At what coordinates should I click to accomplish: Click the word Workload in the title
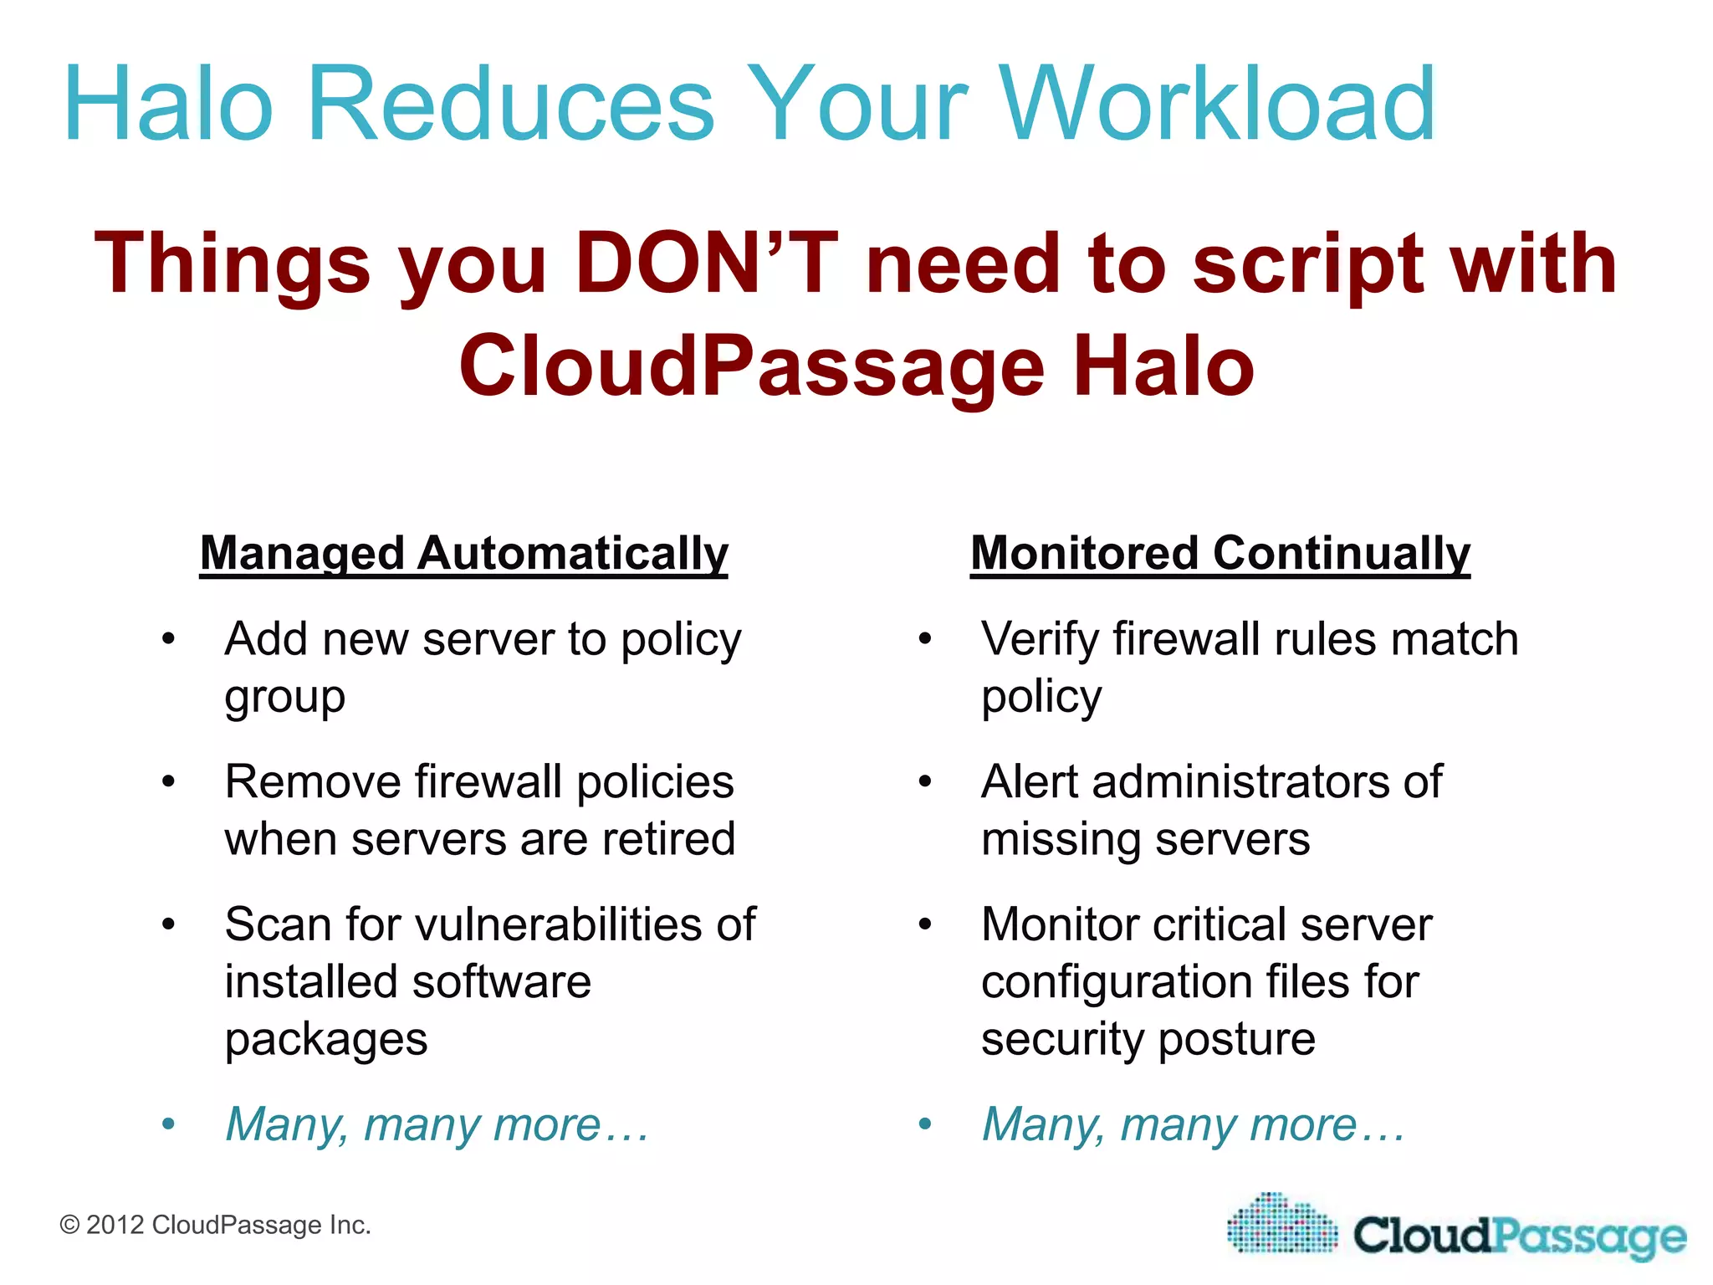click(1217, 105)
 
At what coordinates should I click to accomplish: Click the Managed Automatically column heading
click(464, 554)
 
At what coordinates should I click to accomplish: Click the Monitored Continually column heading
click(1220, 554)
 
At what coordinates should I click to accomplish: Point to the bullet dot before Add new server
click(169, 639)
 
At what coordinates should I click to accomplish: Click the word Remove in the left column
click(313, 782)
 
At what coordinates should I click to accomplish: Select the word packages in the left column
click(326, 1040)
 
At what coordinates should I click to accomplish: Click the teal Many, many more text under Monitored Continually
click(1193, 1124)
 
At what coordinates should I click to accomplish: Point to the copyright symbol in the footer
click(70, 1226)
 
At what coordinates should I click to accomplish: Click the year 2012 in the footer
click(115, 1226)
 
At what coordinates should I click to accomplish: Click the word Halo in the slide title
click(168, 105)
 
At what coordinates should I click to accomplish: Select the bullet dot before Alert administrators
click(925, 782)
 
